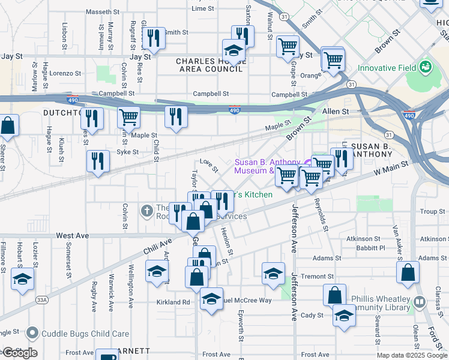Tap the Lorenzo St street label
[65, 73]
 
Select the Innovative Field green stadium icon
[426, 67]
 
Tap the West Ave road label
[72, 236]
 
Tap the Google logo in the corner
[20, 353]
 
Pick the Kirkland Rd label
[173, 302]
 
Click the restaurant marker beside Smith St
[154, 37]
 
